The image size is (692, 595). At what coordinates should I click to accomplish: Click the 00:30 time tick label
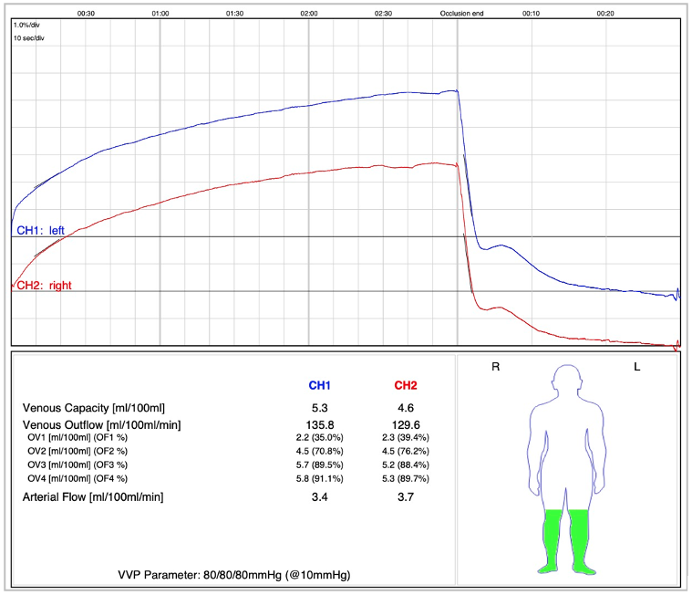(x=86, y=14)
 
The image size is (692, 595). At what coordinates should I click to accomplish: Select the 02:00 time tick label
(x=309, y=14)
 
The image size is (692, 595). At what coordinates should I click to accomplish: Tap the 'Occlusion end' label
(x=461, y=14)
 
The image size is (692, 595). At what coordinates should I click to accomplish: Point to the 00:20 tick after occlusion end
(x=605, y=14)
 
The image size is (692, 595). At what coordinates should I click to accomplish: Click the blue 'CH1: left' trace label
(x=45, y=231)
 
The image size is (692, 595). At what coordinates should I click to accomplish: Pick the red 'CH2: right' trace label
(x=45, y=286)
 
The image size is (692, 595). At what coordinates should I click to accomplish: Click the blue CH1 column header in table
(x=318, y=385)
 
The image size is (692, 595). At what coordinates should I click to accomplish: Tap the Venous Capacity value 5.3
(x=318, y=407)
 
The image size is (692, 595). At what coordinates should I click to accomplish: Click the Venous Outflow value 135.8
(x=318, y=425)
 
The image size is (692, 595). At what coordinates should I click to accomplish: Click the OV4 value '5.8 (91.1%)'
(x=318, y=478)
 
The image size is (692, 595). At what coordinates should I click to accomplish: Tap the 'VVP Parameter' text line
(x=233, y=575)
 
